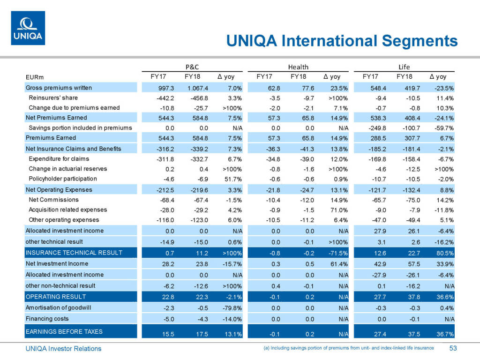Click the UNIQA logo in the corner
28,28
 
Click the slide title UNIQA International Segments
342,40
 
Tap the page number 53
453,348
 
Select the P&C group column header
193,67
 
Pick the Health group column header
298,67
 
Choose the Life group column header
404,67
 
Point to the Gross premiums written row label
59,88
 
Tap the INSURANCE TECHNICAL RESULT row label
74,253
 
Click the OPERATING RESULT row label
55,297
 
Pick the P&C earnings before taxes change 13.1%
232,334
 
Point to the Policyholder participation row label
63,179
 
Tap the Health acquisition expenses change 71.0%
338,210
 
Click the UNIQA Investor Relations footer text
63,348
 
